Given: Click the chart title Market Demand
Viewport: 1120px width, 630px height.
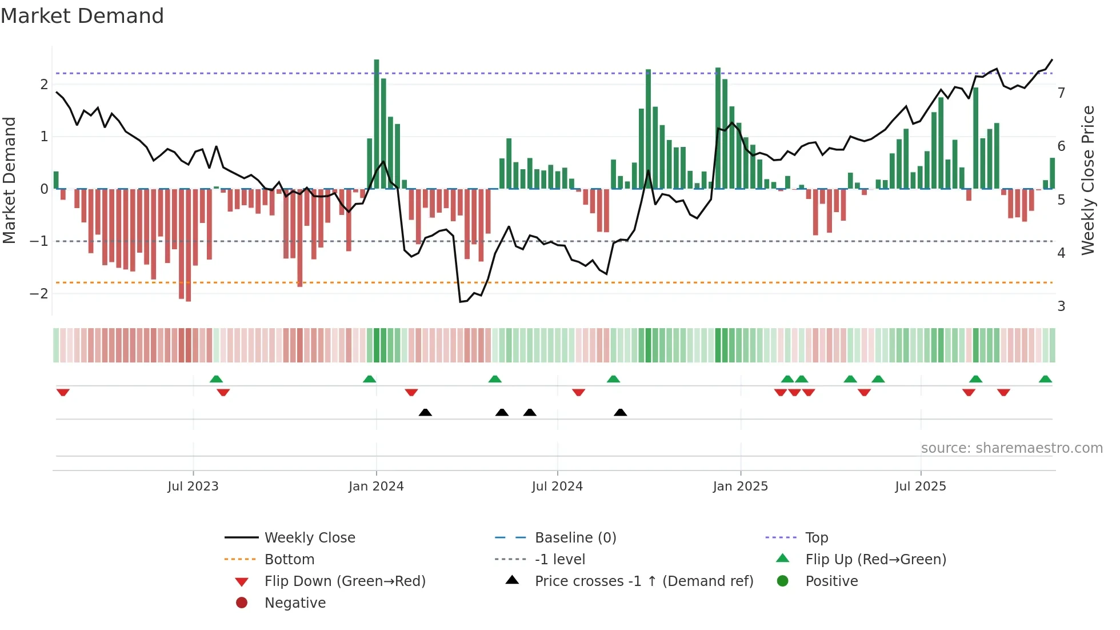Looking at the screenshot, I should click(82, 16).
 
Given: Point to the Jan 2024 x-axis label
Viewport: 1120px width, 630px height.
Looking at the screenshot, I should click(376, 487).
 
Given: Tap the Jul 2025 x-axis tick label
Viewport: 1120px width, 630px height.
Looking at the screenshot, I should click(921, 487).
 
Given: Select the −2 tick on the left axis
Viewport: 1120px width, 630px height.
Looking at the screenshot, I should click(39, 294).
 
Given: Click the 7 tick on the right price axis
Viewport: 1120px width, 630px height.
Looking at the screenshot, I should click(1061, 93).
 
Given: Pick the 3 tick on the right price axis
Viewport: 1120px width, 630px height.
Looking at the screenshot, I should click(1061, 306).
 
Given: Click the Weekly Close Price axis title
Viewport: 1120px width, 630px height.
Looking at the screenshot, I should click(1088, 180).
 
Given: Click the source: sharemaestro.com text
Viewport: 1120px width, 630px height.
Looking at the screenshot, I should click(1011, 448).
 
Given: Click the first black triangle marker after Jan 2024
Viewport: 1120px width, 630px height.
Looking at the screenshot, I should click(425, 413).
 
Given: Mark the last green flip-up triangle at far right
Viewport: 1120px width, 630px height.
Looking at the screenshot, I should click(1045, 379).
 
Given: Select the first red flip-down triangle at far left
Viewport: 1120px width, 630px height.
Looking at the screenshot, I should click(63, 392).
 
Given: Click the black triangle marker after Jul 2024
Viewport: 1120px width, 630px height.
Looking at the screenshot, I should click(620, 413).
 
